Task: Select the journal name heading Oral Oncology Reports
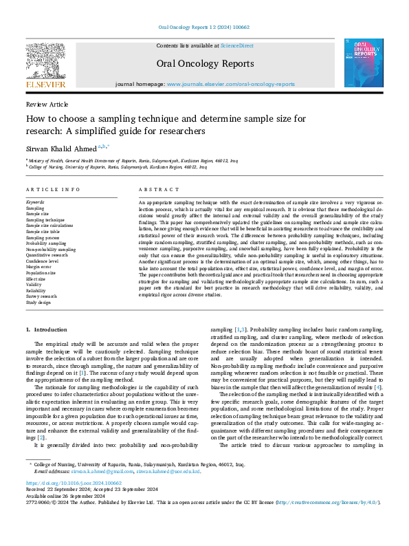click(206, 63)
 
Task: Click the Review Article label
click(47, 104)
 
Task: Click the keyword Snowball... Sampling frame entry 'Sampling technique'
click(46, 219)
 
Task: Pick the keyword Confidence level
click(43, 261)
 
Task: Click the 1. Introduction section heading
click(47, 331)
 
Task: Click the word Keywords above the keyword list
click(36, 201)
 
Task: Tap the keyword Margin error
click(39, 267)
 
